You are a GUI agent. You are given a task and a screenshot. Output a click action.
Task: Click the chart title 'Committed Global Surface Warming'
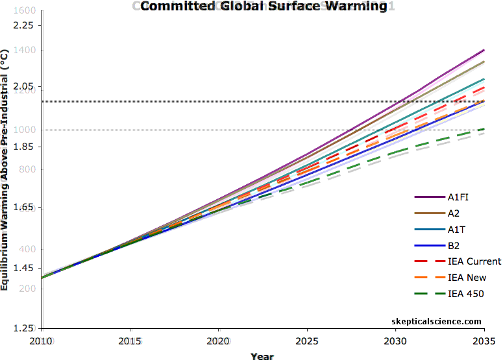pos(264,6)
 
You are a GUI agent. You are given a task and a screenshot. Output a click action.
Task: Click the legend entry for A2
pos(454,213)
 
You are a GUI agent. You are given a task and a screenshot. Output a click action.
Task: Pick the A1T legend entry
pos(456,230)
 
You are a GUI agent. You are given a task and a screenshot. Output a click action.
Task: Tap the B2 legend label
pos(454,246)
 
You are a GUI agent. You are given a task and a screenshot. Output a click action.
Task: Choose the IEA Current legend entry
pos(474,261)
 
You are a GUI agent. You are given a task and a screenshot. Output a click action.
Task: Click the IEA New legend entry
pos(467,278)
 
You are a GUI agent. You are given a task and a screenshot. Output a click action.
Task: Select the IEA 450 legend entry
pos(466,294)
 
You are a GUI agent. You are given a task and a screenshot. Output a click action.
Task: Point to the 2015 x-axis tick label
pos(130,341)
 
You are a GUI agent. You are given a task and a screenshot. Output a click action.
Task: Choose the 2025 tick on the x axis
pos(306,341)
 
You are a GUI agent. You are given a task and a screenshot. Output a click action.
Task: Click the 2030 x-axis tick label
pos(395,341)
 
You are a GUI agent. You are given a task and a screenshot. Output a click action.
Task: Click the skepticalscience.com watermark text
pos(437,321)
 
